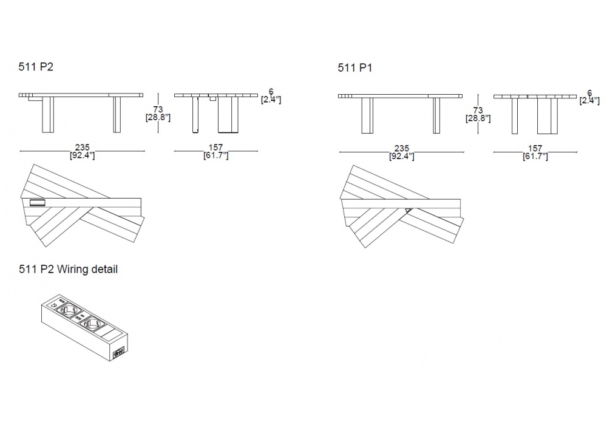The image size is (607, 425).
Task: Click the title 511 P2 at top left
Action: tap(36, 67)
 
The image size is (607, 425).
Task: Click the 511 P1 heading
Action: tap(354, 68)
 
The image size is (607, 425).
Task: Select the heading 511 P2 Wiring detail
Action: tap(68, 269)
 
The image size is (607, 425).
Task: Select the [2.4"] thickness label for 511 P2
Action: tap(271, 100)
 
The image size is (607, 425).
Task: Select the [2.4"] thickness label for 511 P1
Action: tap(589, 101)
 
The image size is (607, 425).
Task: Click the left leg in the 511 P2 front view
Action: tap(47, 115)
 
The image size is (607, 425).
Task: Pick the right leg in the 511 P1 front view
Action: tap(436, 116)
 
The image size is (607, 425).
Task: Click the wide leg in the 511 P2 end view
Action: tap(228, 115)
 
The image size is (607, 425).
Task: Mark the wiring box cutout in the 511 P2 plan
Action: tap(37, 202)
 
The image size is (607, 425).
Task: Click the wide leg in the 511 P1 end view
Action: tap(548, 116)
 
